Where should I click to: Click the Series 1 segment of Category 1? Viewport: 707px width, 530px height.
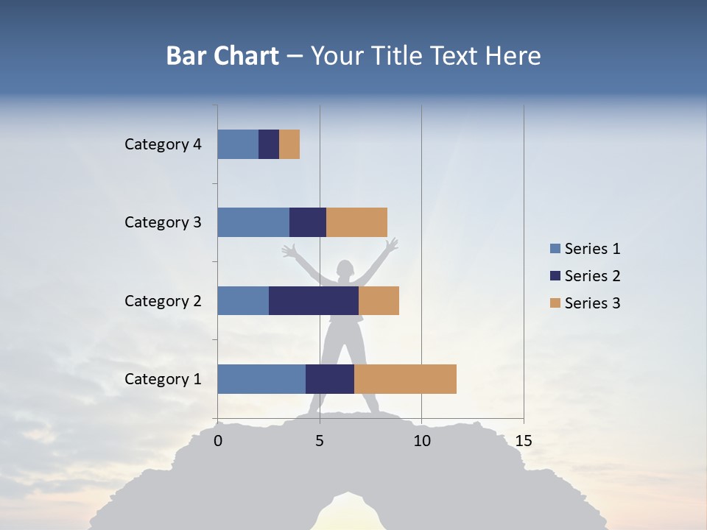(261, 379)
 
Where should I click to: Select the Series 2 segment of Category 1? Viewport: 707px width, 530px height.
(330, 379)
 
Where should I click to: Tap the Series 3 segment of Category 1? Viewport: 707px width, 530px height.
(405, 379)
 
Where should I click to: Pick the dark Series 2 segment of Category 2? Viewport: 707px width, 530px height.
(314, 300)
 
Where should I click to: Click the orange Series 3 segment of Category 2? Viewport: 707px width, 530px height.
(379, 300)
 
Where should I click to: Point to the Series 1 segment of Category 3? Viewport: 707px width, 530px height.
(253, 222)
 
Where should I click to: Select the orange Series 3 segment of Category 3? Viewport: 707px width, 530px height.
(356, 222)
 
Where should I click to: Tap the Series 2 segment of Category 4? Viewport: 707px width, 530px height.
(269, 144)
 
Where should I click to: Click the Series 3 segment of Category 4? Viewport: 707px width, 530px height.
(289, 144)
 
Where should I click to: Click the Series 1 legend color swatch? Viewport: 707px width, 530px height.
(555, 249)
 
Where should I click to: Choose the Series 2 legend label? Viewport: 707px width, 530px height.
(592, 276)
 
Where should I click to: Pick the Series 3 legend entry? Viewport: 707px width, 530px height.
(585, 303)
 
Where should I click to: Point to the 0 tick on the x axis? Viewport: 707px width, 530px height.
(218, 441)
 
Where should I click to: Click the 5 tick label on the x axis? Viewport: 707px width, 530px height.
(320, 441)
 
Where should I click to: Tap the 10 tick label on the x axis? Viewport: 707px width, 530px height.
(421, 441)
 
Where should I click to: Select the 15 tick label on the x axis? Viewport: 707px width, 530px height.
(523, 441)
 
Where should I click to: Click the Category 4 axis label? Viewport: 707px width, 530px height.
(163, 144)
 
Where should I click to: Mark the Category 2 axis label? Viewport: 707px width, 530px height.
(163, 300)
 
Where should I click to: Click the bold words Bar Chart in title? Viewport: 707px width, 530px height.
(222, 56)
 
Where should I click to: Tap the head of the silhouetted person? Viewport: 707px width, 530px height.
(345, 269)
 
